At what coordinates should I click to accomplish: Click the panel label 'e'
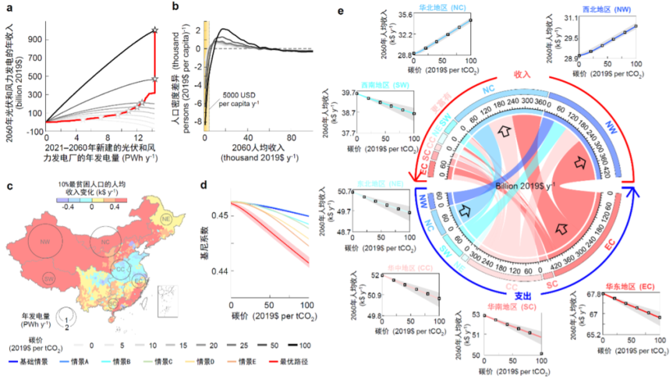[339, 11]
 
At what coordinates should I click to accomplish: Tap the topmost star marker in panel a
[155, 29]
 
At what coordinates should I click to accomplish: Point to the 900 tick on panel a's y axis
[35, 38]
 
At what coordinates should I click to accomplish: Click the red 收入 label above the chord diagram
[522, 75]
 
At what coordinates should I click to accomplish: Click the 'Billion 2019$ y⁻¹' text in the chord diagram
[524, 186]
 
